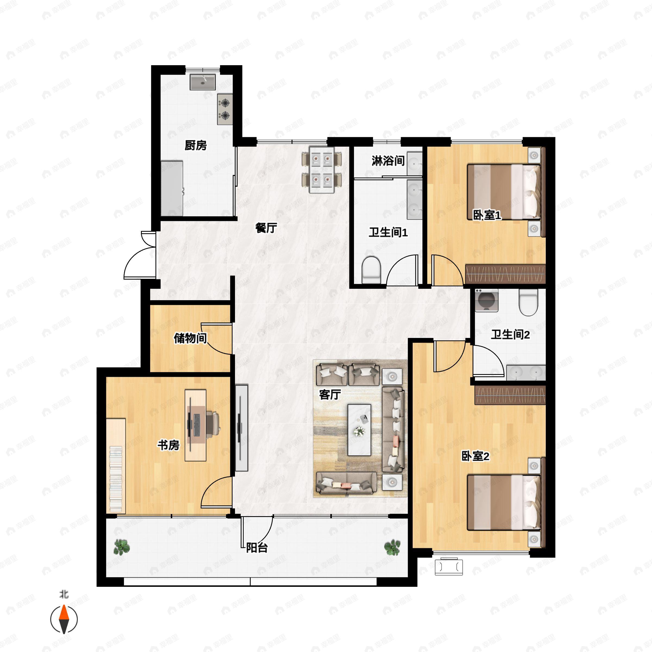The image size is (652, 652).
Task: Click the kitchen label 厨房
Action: (196, 145)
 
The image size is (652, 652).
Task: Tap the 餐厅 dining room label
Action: (266, 228)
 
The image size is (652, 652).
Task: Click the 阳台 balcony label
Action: (257, 547)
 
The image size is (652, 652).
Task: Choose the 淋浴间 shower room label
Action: (388, 161)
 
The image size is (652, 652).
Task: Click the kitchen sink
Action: (202, 82)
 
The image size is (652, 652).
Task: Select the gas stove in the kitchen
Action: (225, 109)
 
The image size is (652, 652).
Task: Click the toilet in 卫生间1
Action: (371, 270)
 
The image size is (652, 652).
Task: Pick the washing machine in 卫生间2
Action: (486, 300)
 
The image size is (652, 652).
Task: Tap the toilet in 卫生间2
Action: (528, 302)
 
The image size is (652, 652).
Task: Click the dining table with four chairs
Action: (322, 170)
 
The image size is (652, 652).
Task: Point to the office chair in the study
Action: (213, 422)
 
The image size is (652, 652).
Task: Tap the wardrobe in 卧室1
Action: (505, 274)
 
